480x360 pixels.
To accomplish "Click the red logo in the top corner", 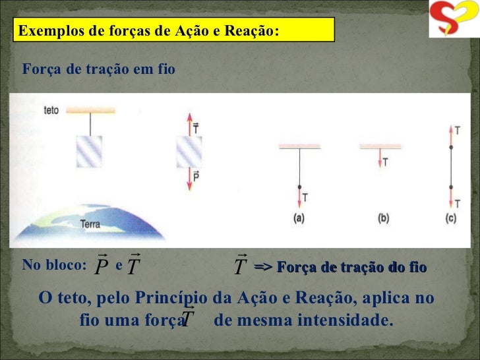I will pyautogui.click(x=453, y=18).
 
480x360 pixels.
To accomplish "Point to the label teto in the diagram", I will pyautogui.click(x=51, y=111).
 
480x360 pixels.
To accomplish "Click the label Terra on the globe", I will pyautogui.click(x=90, y=224).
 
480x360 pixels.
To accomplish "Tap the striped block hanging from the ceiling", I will pyautogui.click(x=89, y=151).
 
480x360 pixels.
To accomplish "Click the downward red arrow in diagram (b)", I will pyautogui.click(x=380, y=159).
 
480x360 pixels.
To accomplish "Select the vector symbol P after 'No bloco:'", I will pyautogui.click(x=101, y=266).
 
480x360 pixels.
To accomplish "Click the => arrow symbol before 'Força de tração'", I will pyautogui.click(x=263, y=266).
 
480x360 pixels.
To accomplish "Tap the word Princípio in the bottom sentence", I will pyautogui.click(x=174, y=299).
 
